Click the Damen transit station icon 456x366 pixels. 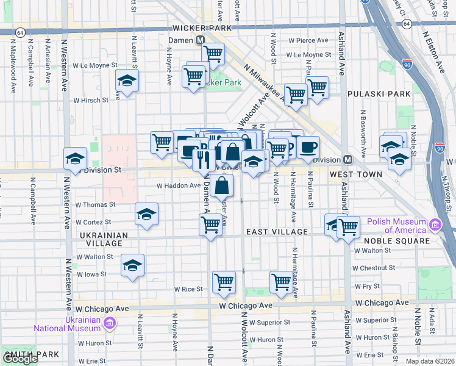199,40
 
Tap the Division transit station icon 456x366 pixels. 347,160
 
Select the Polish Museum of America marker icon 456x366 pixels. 435,226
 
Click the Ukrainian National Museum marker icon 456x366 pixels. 110,323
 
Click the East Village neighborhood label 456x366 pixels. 277,232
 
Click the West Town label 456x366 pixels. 355,174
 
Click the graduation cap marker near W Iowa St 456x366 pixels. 132,265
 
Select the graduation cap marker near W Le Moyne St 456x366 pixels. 127,81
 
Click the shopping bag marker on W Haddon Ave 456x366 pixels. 224,184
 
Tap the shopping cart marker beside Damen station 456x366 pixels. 213,52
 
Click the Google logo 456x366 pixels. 20,359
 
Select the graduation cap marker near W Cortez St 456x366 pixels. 147,214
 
